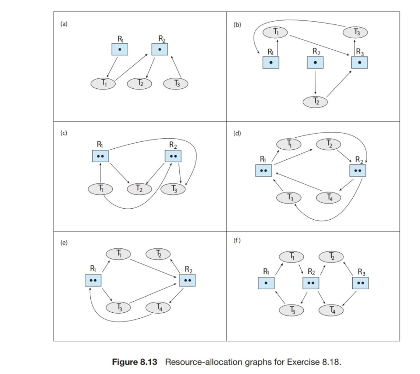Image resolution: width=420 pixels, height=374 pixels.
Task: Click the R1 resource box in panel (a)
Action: point(120,49)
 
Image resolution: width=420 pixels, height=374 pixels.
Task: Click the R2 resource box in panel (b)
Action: point(314,62)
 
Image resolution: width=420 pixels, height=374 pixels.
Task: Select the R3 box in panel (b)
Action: point(359,62)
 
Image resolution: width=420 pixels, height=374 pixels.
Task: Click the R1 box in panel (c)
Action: point(101,156)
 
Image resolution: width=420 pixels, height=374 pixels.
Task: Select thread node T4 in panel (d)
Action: point(328,198)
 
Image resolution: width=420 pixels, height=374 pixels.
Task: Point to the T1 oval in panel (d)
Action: point(289,143)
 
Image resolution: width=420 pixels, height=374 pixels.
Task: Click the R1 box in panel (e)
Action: point(93,280)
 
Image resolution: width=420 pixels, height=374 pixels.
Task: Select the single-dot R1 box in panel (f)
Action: point(266,283)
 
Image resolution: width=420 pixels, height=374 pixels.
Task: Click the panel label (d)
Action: point(236,133)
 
